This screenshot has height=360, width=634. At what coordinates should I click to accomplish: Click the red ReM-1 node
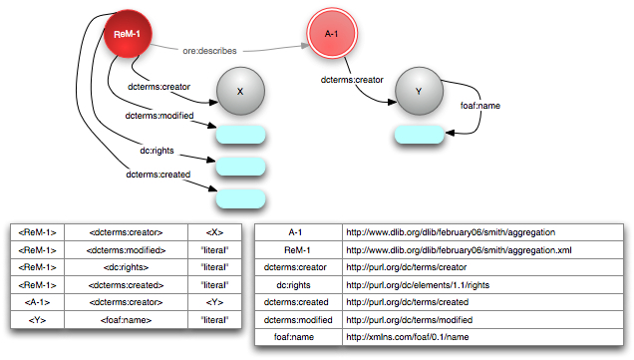[126, 36]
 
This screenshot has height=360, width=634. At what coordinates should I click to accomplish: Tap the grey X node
[240, 91]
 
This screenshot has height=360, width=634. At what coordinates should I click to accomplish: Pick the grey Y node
[419, 91]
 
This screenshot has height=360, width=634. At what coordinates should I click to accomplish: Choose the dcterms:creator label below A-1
[351, 80]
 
